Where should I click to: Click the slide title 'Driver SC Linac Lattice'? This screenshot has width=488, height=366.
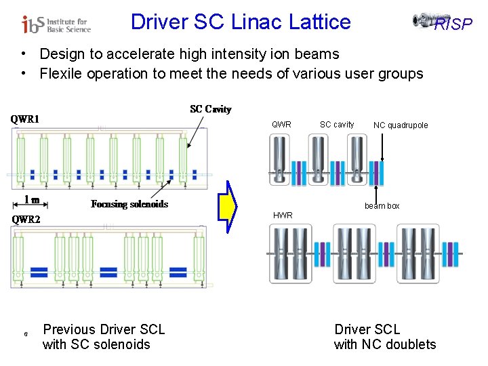(241, 22)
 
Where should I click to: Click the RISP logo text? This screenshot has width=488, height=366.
(452, 25)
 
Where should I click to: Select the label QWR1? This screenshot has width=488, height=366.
(25, 119)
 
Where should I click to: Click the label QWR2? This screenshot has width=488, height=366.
(26, 219)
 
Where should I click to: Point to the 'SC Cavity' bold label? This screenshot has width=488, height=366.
(210, 109)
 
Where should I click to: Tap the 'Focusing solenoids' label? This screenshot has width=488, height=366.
(129, 204)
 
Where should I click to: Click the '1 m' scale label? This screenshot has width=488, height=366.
(32, 199)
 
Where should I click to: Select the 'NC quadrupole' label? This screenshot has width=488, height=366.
(401, 125)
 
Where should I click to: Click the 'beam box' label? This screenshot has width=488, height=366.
(382, 206)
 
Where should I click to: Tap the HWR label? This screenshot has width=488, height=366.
(283, 216)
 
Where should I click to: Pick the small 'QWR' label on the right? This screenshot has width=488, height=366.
(281, 125)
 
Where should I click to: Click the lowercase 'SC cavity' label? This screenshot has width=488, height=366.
(337, 125)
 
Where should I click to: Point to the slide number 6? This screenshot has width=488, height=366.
(25, 335)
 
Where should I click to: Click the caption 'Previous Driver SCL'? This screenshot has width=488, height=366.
(104, 329)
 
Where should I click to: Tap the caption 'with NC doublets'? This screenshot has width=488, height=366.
(385, 344)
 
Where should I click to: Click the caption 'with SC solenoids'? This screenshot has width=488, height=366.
(96, 344)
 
